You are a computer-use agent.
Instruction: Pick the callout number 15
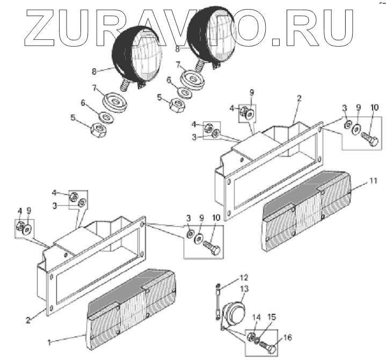point(272,318)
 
